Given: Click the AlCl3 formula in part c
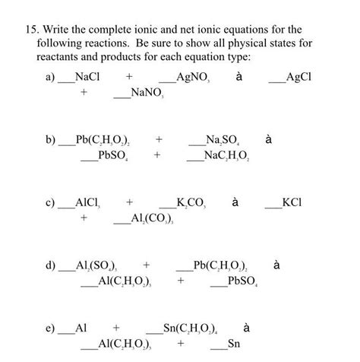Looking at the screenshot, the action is pos(89,204).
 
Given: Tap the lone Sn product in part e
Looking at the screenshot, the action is pos(234,345).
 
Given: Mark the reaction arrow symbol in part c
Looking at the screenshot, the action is pos(235,203).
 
